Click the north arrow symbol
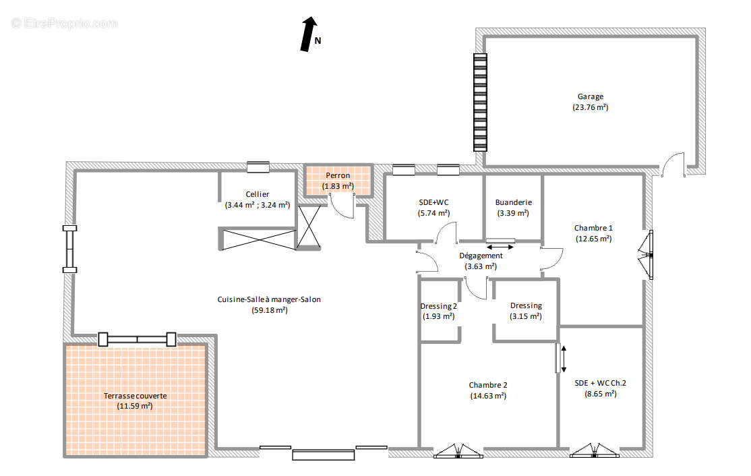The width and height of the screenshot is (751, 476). pos(309,34)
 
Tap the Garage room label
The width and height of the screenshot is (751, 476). pos(590,96)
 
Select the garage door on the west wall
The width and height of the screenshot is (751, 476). pos(481,102)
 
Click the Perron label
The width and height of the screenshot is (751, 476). pos(338,175)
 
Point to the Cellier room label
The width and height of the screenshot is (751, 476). pos(258,194)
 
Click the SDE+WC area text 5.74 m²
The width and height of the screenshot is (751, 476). pos(433,213)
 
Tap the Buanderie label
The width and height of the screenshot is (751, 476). pos(514,202)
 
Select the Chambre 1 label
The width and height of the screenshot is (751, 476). pos(593,228)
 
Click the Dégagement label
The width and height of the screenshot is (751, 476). pos(481,256)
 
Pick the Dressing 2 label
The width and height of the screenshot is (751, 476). pos(438,306)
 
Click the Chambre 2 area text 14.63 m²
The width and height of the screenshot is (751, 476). pos(488,396)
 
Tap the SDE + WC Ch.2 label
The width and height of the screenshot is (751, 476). pos(600,383)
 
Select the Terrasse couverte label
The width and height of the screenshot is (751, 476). pos(135,396)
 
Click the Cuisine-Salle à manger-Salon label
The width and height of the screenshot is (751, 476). pos(269,299)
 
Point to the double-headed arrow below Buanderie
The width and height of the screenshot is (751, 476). pos(500,247)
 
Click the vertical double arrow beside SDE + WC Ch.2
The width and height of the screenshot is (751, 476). pos(564,359)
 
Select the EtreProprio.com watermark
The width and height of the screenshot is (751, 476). pos(64,23)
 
